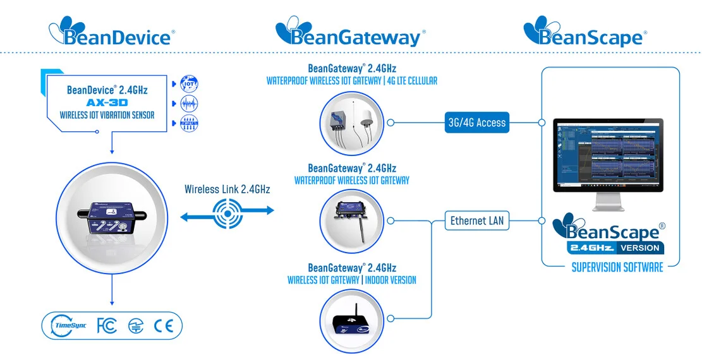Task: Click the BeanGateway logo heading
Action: point(348,32)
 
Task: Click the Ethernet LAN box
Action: point(477,221)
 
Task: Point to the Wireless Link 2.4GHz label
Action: point(227,189)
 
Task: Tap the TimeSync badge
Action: point(67,326)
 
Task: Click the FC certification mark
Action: point(107,326)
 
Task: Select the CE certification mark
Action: point(162,326)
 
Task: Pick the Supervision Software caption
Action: point(617,267)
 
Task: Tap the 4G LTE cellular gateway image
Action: point(352,124)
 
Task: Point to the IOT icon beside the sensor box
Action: point(189,83)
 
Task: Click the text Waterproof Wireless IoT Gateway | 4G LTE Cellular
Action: point(352,81)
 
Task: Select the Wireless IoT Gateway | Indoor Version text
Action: point(352,280)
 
